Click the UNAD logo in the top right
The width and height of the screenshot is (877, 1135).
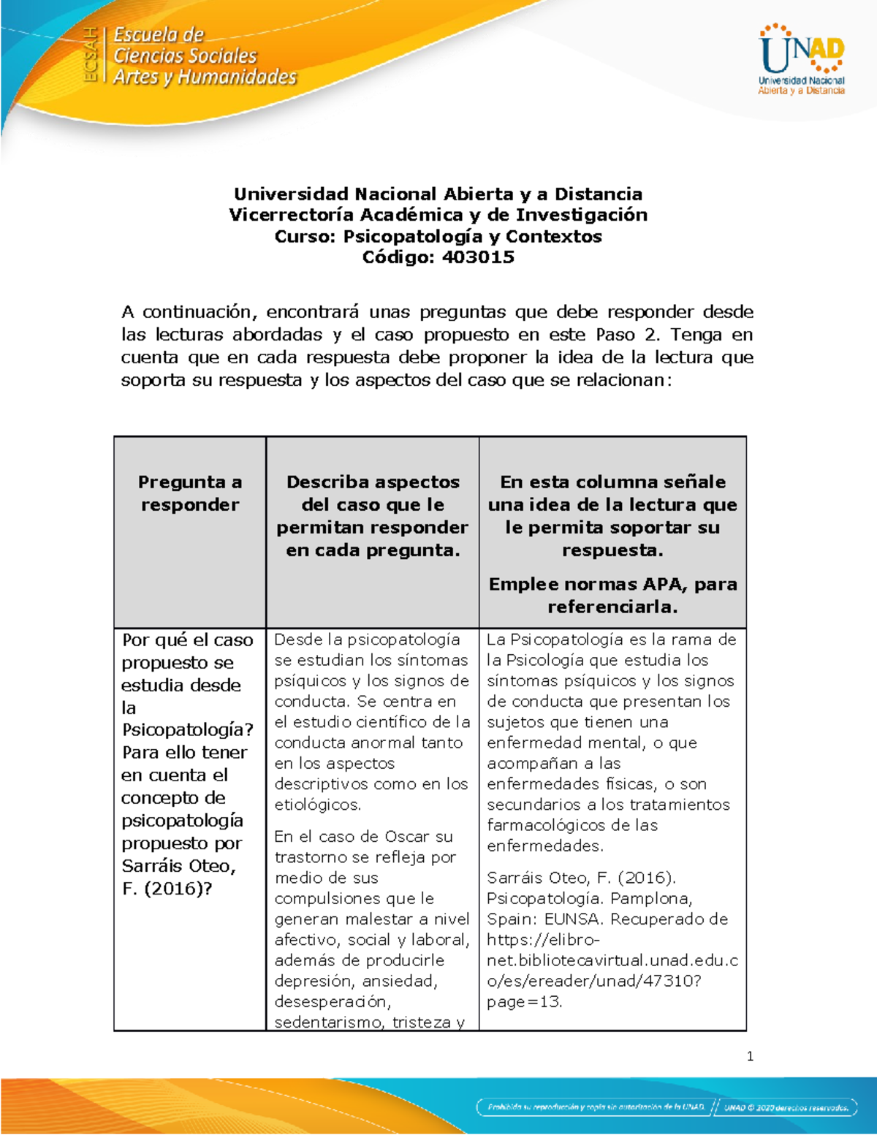(802, 60)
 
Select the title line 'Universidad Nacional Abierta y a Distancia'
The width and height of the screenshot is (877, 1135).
(438, 194)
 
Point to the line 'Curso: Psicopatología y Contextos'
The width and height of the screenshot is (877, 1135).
(438, 236)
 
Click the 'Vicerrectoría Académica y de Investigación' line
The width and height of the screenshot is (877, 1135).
(438, 215)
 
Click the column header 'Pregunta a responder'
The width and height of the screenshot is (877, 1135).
(190, 493)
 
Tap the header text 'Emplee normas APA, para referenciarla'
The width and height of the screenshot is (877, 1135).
(612, 595)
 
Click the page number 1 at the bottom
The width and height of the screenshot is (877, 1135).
(750, 1056)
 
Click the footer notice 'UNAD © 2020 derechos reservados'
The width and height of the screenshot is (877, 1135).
(786, 1107)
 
